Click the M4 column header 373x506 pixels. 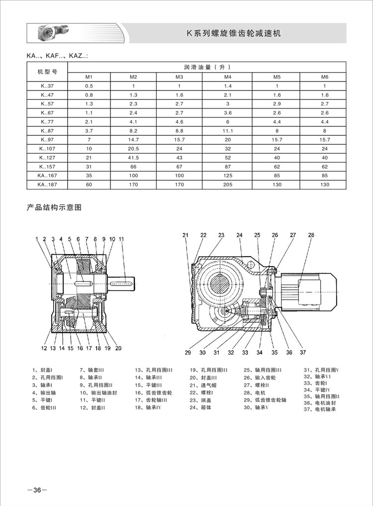click(x=228, y=77)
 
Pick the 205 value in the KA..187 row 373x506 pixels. click(x=228, y=185)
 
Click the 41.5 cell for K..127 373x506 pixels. click(x=133, y=158)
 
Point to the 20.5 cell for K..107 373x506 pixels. click(x=133, y=149)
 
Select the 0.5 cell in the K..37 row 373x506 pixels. click(x=89, y=86)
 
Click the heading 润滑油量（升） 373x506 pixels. click(x=208, y=67)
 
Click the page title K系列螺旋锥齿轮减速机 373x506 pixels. click(x=234, y=34)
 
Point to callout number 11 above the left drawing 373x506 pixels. click(x=121, y=239)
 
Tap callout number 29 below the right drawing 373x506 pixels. click(x=188, y=353)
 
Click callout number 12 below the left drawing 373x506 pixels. click(x=44, y=348)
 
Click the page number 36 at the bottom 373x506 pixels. click(x=37, y=490)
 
